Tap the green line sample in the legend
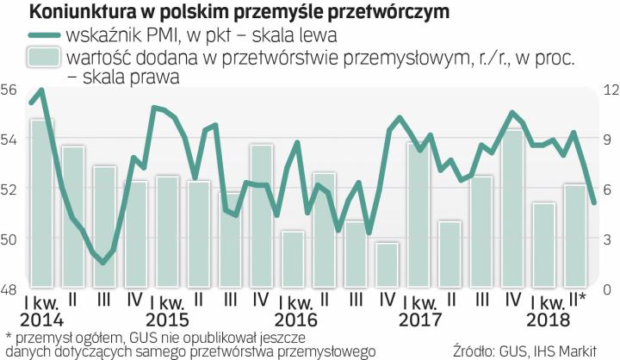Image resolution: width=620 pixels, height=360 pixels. point(32,35)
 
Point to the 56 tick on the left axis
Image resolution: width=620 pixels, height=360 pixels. point(9,90)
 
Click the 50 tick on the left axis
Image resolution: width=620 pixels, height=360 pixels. point(9,239)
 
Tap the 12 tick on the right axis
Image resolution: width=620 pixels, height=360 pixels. point(609,90)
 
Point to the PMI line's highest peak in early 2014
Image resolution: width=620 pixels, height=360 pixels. point(41,90)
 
